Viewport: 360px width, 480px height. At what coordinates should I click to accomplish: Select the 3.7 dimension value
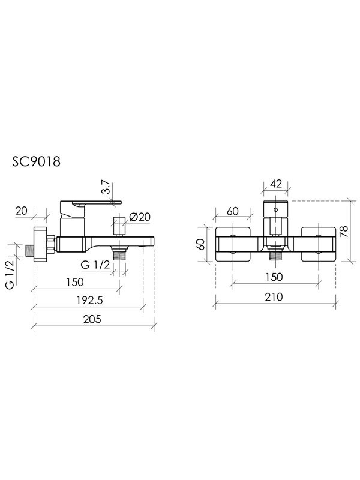[x=106, y=189]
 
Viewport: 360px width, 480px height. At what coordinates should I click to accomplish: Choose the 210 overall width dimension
[x=273, y=297]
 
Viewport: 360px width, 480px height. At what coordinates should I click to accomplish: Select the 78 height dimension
[x=343, y=232]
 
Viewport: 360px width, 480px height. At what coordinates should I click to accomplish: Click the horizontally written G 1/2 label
[x=94, y=265]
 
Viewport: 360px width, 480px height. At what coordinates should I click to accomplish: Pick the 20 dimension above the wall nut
[x=22, y=211]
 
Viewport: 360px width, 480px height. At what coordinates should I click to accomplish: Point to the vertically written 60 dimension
[x=202, y=245]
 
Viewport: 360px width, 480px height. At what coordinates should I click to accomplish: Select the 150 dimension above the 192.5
[x=74, y=282]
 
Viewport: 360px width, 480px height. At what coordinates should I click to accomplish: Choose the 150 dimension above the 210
[x=273, y=277]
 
